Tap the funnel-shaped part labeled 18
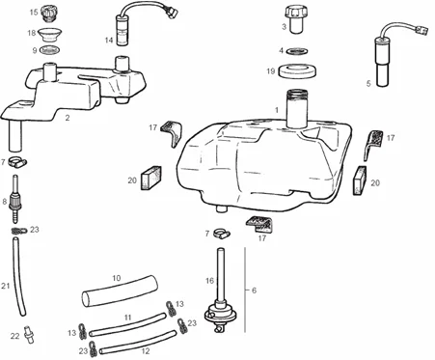tap(49, 35)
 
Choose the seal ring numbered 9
tap(50, 50)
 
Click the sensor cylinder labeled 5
tap(382, 62)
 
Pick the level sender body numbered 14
tap(122, 32)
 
